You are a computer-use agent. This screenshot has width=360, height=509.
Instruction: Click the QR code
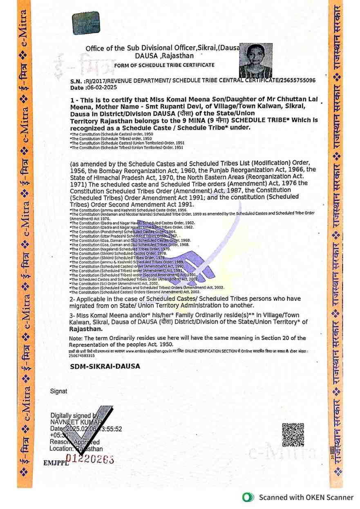[293, 435]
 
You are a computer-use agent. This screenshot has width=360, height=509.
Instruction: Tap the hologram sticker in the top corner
[86, 23]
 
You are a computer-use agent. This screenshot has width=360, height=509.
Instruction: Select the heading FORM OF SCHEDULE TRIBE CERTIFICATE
[164, 65]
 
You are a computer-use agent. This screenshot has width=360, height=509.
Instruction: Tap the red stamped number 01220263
[90, 459]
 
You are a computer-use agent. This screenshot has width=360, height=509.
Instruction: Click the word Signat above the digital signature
[58, 391]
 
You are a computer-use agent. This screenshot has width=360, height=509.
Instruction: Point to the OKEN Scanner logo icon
[247, 497]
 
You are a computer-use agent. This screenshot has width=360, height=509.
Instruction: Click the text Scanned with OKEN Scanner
[306, 497]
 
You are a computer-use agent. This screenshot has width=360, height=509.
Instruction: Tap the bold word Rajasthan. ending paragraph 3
[86, 328]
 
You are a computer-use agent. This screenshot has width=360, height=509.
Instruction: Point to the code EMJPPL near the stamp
[54, 463]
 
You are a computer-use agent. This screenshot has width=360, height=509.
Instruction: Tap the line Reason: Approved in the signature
[74, 442]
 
